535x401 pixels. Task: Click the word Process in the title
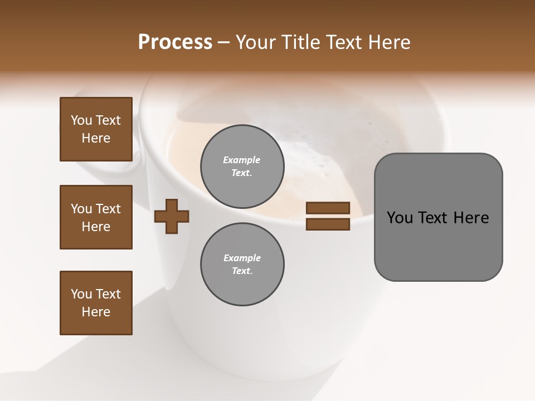175,42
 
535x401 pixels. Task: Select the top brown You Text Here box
96,129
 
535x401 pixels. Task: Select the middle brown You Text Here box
96,217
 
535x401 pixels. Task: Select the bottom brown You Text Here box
96,303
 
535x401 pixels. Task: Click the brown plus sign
172,216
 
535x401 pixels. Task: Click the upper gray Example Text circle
242,166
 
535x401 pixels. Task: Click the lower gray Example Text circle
242,264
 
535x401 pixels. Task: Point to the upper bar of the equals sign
328,208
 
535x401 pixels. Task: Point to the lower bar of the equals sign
328,224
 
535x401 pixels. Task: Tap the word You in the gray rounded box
400,218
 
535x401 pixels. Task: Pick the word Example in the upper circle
242,160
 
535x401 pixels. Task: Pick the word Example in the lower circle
242,258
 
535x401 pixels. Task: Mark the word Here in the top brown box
96,138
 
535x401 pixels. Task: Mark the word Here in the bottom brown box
96,312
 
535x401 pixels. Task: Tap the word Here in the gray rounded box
471,218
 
